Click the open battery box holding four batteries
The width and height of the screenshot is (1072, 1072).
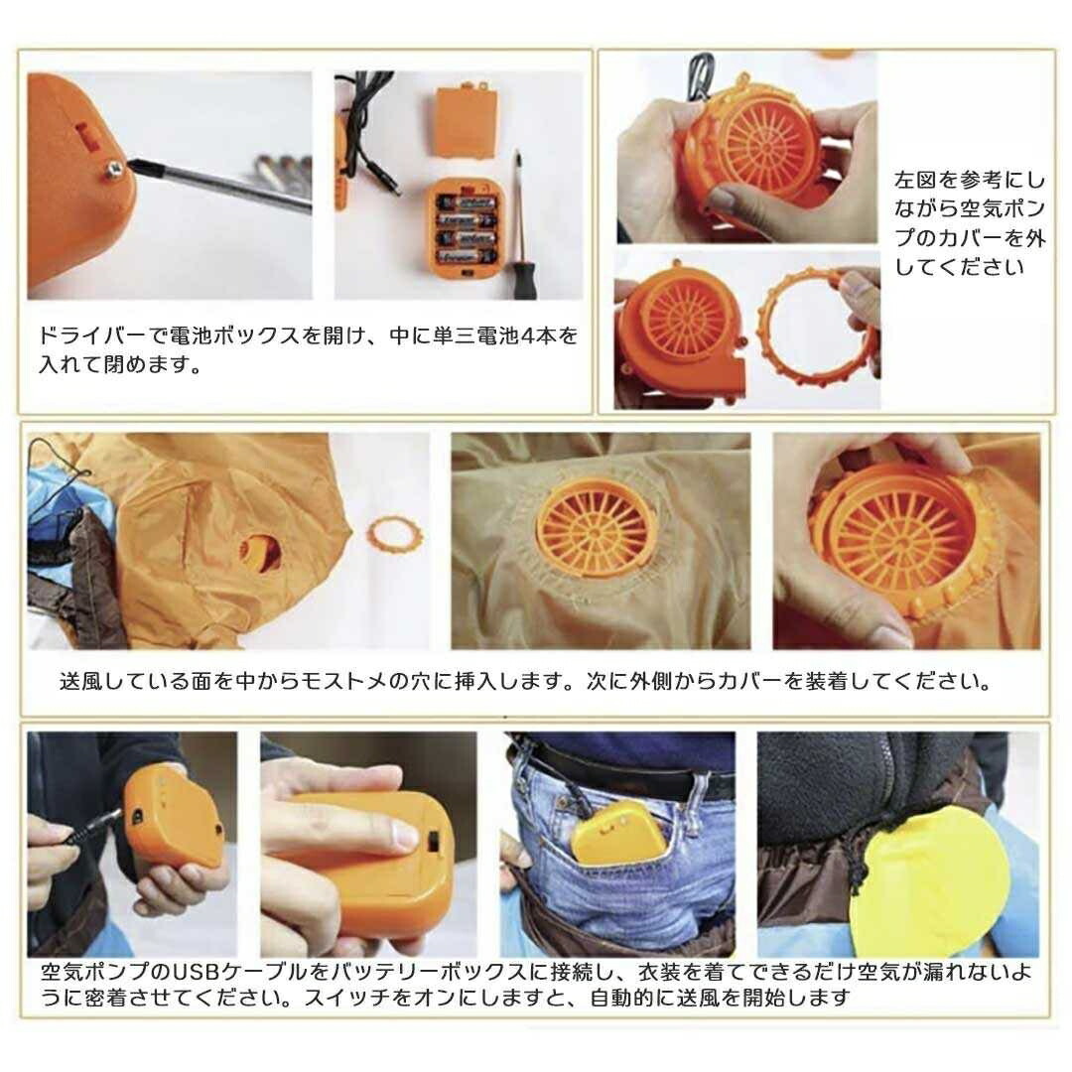coord(463,227)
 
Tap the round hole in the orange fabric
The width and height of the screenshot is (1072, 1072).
coord(260,552)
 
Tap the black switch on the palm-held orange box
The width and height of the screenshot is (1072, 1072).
coord(434,844)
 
